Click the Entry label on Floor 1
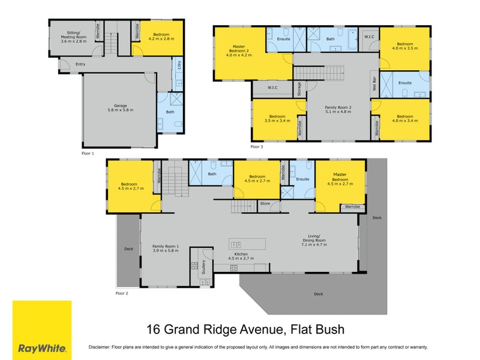72,64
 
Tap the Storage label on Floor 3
299,89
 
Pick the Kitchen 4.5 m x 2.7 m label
240,256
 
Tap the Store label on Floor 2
265,204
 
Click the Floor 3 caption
257,146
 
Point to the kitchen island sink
235,244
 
